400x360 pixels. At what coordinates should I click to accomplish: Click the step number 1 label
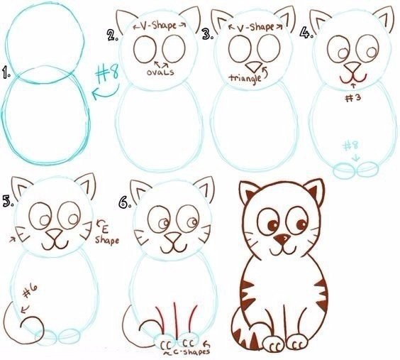pyautogui.click(x=7, y=73)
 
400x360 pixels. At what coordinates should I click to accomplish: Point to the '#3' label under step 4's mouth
pyautogui.click(x=350, y=98)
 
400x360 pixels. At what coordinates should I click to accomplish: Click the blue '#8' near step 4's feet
pyautogui.click(x=352, y=146)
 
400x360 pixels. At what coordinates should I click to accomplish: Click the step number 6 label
pyautogui.click(x=126, y=202)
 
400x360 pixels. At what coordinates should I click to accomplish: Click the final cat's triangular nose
pyautogui.click(x=283, y=239)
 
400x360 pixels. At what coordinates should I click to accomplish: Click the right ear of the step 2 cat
pyautogui.click(x=189, y=18)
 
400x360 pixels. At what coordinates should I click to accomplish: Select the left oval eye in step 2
pyautogui.click(x=145, y=49)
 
